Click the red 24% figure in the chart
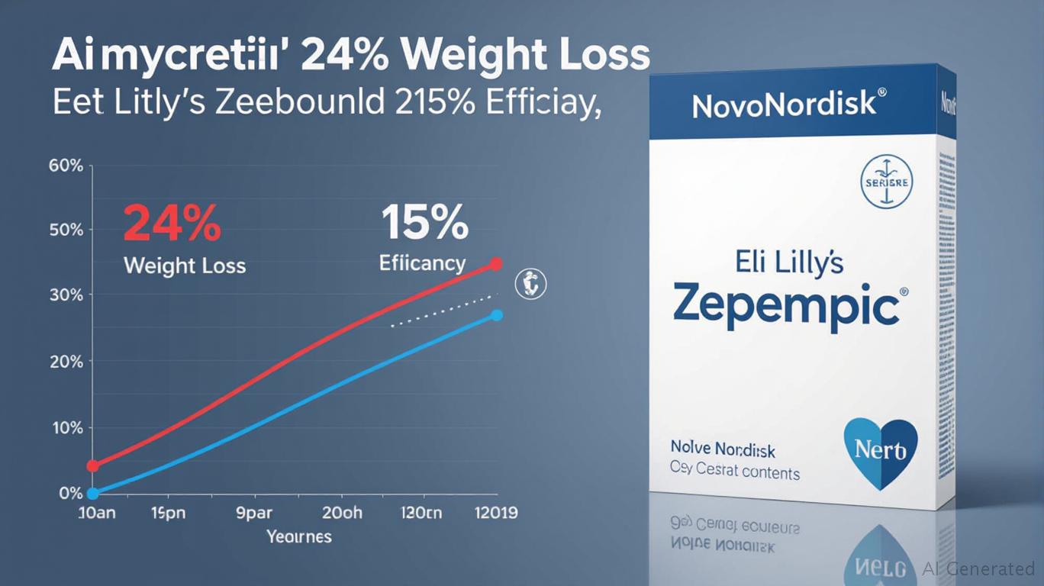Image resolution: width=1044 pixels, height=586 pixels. [172, 224]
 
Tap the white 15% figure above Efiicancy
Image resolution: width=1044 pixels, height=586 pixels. [424, 223]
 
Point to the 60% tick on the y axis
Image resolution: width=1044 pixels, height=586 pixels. [65, 166]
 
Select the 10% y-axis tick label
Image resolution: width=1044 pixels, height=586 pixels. [66, 428]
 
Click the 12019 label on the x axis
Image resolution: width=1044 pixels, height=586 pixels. [495, 512]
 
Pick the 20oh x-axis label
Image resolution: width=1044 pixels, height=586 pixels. [342, 512]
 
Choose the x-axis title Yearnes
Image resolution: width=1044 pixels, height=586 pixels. [299, 536]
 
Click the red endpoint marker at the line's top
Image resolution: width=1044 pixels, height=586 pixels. [496, 264]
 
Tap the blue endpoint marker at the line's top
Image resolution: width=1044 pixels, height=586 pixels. [496, 315]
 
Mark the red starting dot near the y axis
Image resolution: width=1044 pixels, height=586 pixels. [93, 465]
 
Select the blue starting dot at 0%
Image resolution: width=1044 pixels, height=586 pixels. [93, 494]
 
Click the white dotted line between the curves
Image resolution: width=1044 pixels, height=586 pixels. [443, 311]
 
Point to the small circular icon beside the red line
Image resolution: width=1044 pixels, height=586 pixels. [531, 285]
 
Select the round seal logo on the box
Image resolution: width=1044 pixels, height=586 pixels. [887, 182]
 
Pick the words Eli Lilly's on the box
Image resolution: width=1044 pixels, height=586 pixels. [790, 262]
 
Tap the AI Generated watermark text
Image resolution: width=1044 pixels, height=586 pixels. [978, 568]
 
